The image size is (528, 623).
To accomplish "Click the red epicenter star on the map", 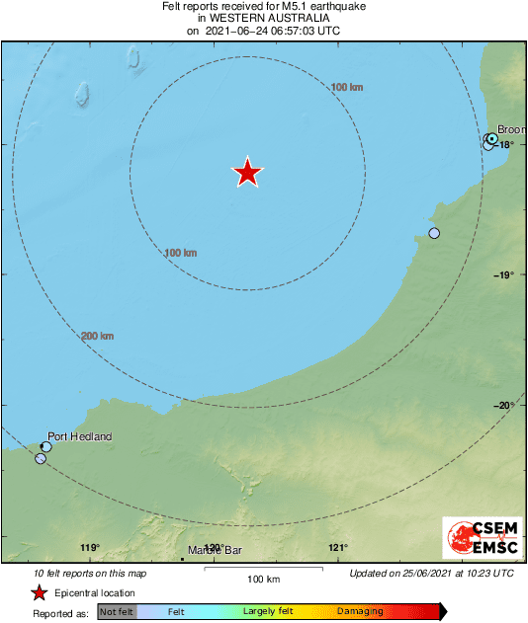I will (247, 173).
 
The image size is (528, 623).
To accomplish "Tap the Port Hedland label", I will (80, 436).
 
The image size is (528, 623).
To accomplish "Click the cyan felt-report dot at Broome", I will (491, 139).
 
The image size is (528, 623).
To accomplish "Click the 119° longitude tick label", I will (90, 549).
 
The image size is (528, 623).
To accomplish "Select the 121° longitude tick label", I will (338, 549).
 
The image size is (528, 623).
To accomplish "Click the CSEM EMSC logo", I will (479, 541).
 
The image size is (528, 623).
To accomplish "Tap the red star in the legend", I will (39, 593).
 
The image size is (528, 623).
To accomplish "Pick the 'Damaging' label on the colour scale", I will (360, 612).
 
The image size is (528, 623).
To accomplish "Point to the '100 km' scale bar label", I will (263, 579).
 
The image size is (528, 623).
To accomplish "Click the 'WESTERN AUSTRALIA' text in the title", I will (263, 19).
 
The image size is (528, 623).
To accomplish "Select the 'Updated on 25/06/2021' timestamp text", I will (431, 573).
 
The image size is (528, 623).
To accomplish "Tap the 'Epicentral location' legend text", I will (96, 593).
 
